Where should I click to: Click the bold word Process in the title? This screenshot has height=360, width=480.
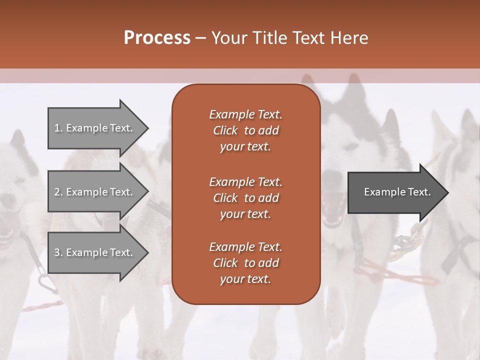[x=157, y=38]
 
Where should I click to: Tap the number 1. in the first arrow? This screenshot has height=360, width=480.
[x=58, y=128]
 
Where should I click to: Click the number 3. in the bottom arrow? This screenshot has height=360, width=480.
[x=58, y=252]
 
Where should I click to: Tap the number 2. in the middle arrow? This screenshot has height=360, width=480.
[x=58, y=192]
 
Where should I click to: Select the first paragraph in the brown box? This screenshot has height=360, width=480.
[x=245, y=130]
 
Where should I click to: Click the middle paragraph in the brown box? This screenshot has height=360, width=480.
[x=245, y=198]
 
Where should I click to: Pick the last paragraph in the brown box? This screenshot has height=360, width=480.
[x=245, y=263]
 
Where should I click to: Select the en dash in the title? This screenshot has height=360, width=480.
[x=200, y=38]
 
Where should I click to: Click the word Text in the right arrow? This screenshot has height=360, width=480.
[x=419, y=192]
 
